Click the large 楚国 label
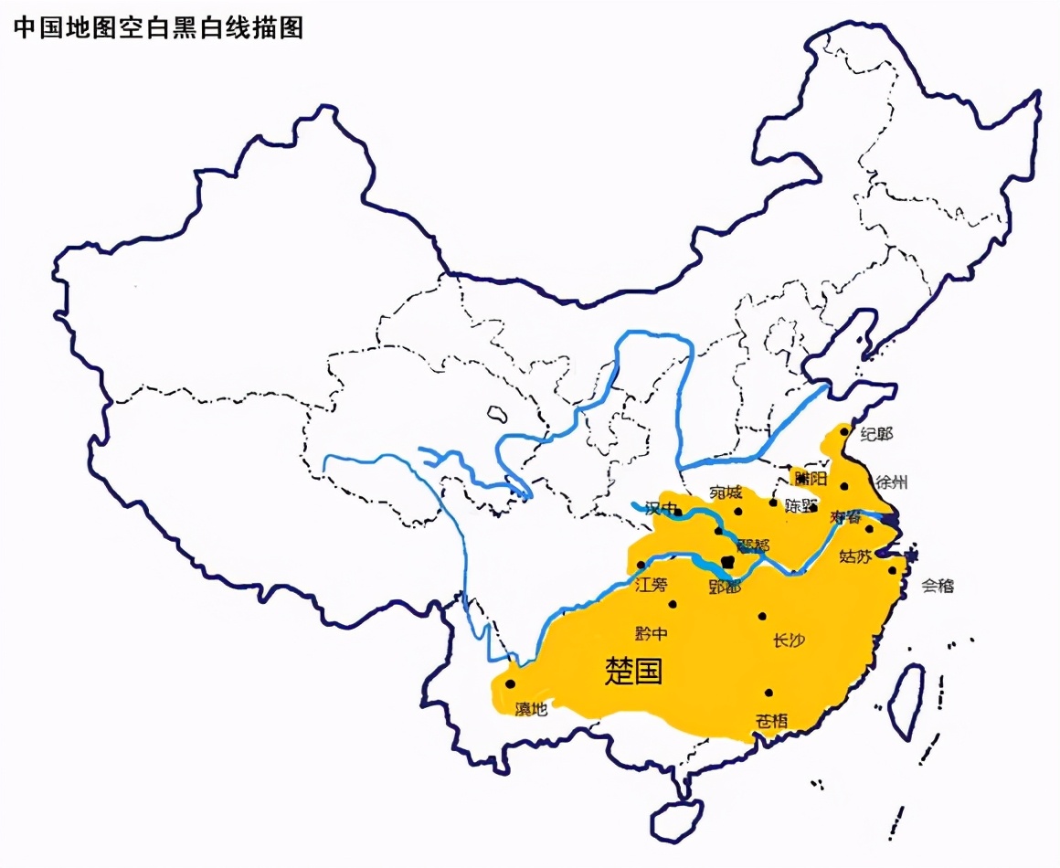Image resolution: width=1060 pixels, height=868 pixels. (x=633, y=672)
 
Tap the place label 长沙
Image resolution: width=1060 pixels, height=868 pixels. (x=789, y=640)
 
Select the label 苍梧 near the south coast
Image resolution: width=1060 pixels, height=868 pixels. (x=770, y=719)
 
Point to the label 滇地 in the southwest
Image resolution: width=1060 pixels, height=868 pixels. (x=531, y=708)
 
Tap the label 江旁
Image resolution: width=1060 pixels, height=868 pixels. (x=652, y=585)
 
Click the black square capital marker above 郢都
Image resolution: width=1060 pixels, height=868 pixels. (x=727, y=562)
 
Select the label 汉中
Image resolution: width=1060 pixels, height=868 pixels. (x=662, y=508)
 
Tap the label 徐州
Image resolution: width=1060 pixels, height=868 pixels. (x=894, y=482)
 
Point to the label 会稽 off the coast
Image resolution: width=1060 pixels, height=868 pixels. (x=938, y=586)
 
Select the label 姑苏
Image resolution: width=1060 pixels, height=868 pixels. (x=855, y=556)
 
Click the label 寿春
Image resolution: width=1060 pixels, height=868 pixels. (x=846, y=517)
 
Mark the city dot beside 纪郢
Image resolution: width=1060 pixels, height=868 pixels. (x=843, y=429)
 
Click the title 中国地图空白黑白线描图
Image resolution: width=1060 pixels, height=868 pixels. (x=157, y=28)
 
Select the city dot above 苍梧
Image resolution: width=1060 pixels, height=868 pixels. (x=769, y=693)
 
